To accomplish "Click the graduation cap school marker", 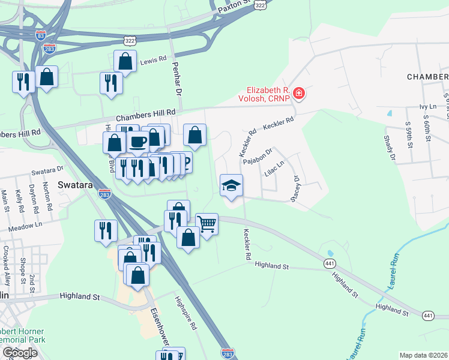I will [231, 186].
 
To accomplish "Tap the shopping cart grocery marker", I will [206, 224].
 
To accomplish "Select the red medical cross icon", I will [298, 94].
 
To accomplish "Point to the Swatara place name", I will [75, 185].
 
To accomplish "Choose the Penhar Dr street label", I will [176, 79].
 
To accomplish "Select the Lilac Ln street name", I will [273, 169].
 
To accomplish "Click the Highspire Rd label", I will [185, 313].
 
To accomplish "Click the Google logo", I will [19, 353].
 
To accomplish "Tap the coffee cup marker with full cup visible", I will [138, 142].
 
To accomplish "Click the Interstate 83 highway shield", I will [40, 35].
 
